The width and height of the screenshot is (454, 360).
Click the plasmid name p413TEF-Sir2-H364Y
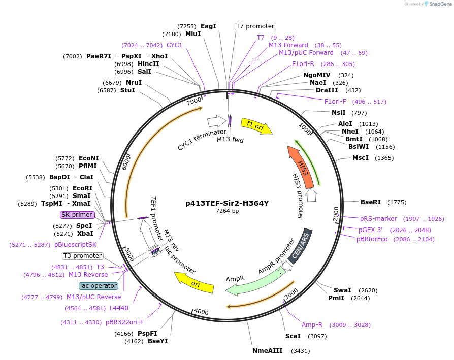click(227, 203)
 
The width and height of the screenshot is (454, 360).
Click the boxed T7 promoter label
click(255, 26)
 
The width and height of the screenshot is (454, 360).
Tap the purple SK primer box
click(77, 215)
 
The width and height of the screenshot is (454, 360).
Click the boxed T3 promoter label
click(82, 256)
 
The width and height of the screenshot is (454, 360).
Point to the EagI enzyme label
click(208, 26)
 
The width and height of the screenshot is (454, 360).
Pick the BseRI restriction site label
click(370, 202)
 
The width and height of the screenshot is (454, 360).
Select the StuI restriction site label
click(127, 90)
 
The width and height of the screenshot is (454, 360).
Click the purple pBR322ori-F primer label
click(124, 322)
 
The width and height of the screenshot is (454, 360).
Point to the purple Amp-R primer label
click(312, 325)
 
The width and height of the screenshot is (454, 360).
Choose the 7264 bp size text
click(227, 211)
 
